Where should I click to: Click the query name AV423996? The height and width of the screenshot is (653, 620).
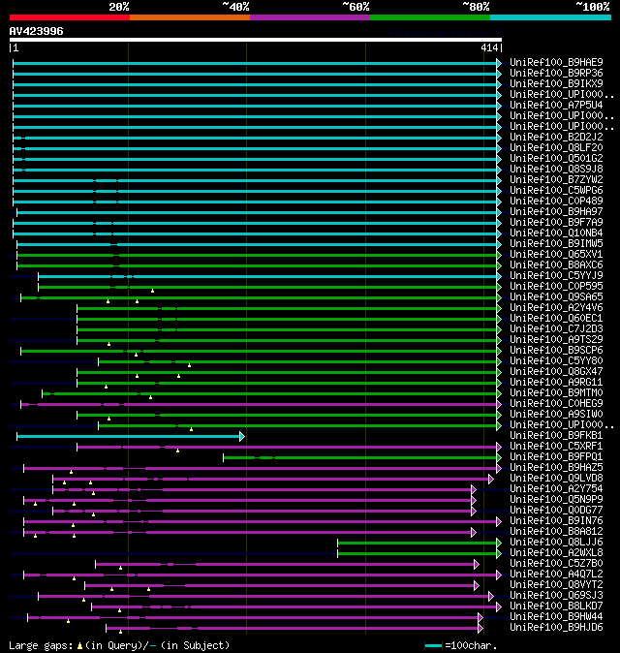[37, 31]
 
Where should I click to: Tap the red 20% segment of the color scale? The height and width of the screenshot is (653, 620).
[69, 16]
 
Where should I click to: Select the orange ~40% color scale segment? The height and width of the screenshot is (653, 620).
[189, 16]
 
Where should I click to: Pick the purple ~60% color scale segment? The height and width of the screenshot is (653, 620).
[309, 16]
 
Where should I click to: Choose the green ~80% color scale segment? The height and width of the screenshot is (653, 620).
[429, 16]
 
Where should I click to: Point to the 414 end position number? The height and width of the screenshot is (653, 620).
[488, 47]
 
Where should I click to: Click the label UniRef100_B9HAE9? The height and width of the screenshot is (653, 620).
[556, 62]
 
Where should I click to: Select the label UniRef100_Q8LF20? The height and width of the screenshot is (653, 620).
[556, 147]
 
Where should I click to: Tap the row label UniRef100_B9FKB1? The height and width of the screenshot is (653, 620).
[556, 435]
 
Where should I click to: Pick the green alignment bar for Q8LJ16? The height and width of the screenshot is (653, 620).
[417, 543]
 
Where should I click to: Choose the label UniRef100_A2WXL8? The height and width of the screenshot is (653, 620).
[556, 552]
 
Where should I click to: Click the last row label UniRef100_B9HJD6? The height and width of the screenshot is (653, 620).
[556, 627]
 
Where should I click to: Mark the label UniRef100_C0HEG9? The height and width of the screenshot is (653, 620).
[556, 403]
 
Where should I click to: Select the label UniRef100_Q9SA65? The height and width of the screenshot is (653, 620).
[556, 296]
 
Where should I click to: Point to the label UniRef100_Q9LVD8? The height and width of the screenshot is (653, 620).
[556, 478]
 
